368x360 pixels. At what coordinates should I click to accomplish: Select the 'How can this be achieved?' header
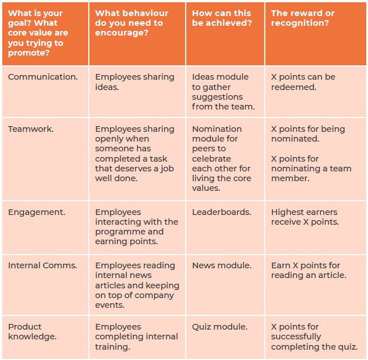click(222, 18)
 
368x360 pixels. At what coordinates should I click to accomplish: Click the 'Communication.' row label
click(43, 77)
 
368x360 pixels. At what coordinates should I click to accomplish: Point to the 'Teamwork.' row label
click(31, 129)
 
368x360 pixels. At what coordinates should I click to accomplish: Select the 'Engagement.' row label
click(37, 212)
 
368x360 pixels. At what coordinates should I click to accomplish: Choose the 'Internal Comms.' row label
click(42, 265)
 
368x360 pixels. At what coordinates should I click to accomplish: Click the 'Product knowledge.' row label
click(32, 331)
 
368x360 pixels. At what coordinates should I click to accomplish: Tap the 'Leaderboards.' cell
click(221, 212)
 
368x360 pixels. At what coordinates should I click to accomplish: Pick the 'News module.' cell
click(221, 265)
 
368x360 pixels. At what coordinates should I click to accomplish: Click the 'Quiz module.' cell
click(220, 327)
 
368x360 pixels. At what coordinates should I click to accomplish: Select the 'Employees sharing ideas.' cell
click(135, 82)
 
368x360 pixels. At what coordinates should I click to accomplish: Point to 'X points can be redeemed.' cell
click(303, 82)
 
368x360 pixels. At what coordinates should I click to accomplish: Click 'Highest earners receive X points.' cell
click(305, 217)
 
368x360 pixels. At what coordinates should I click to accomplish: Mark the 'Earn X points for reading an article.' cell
click(308, 270)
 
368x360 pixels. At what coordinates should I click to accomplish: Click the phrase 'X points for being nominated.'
click(308, 134)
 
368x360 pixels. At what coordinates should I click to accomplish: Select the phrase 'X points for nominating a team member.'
click(311, 169)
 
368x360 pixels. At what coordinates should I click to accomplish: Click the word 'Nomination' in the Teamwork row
click(217, 129)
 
